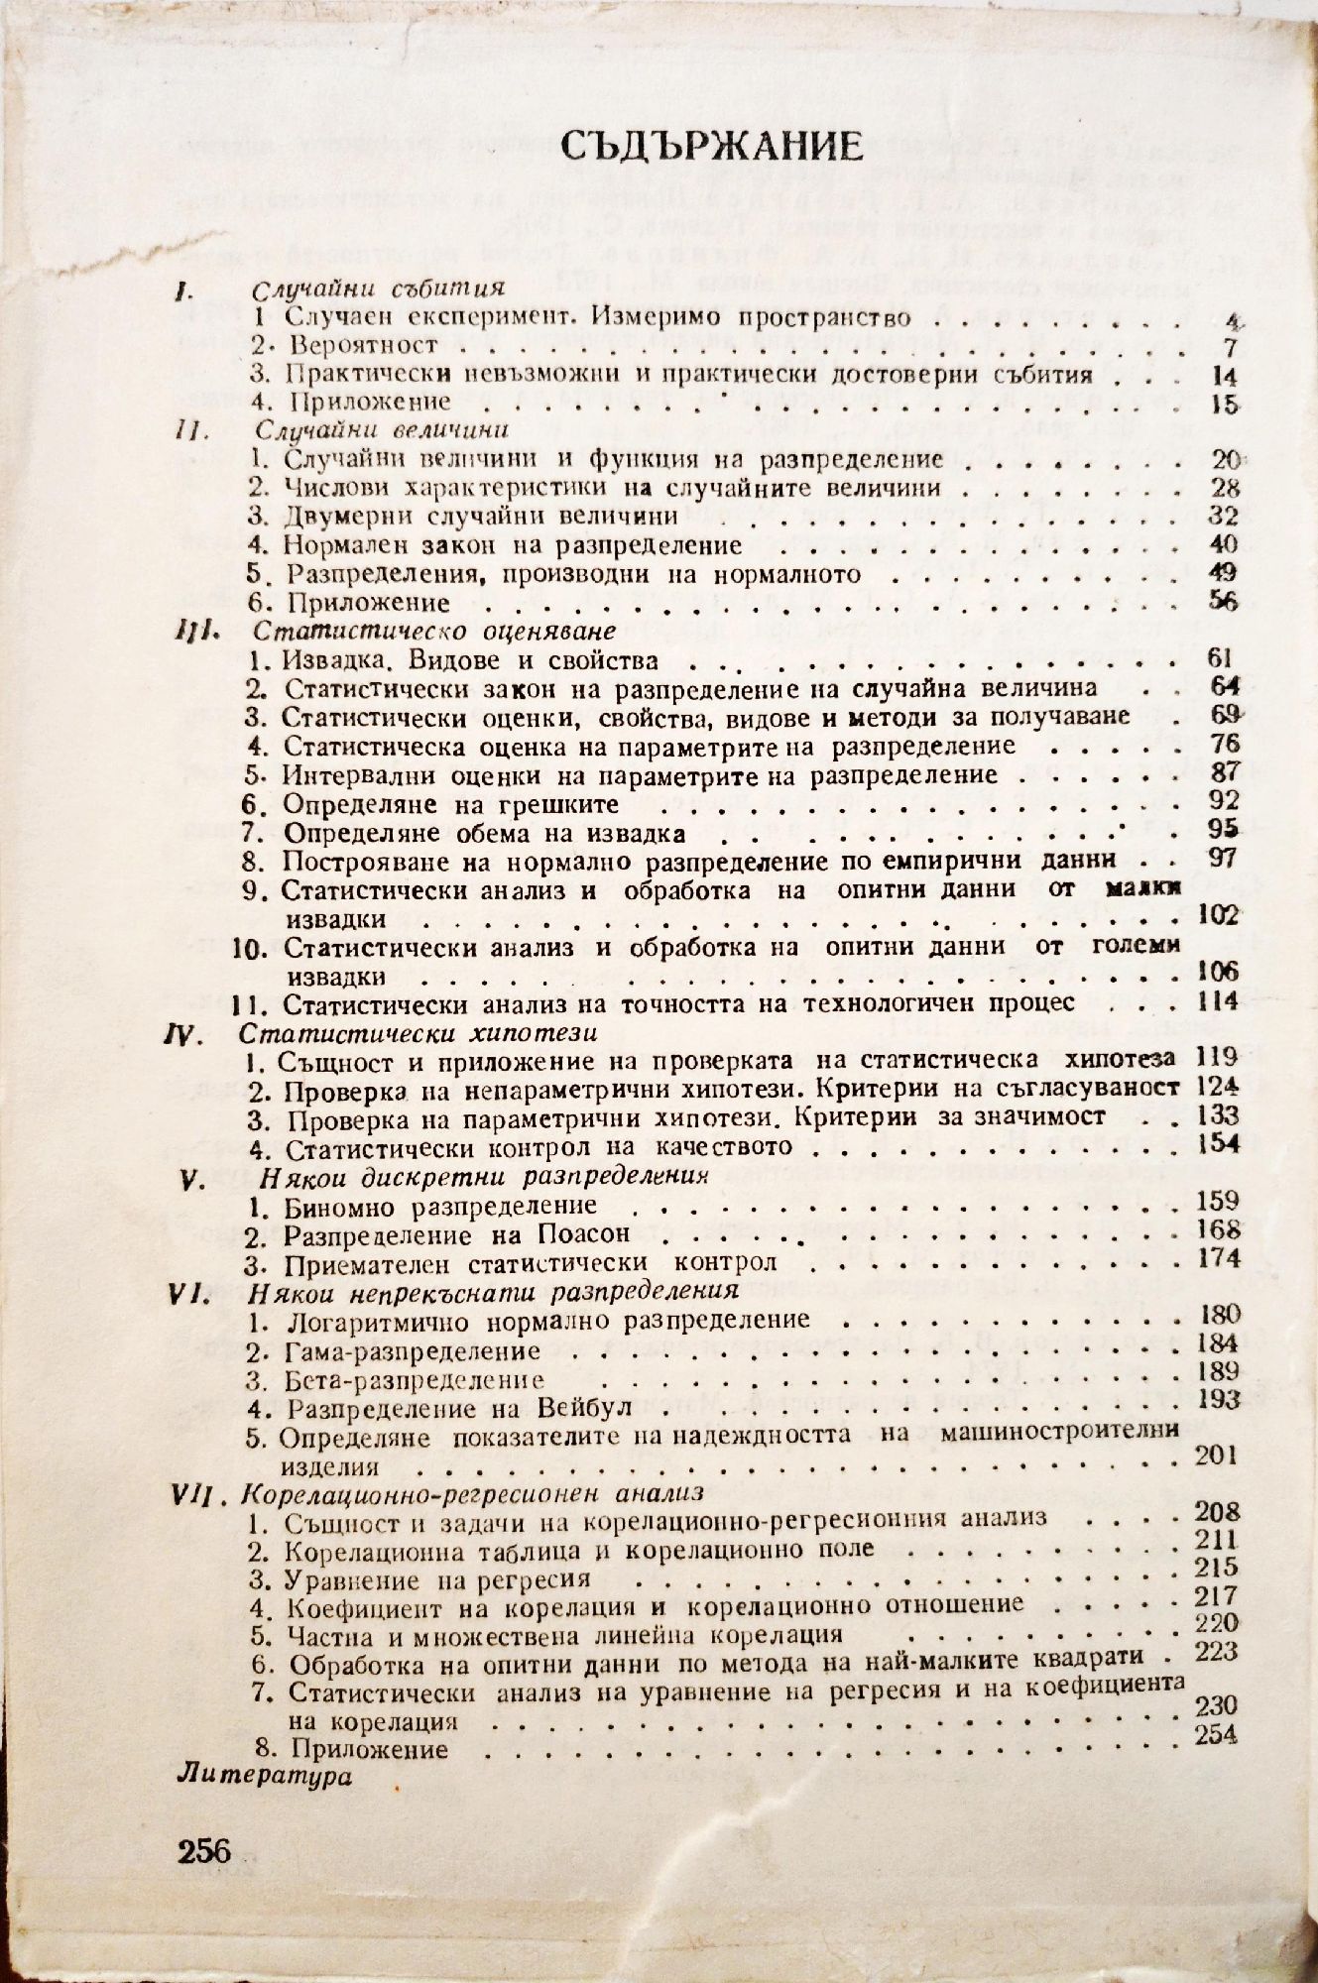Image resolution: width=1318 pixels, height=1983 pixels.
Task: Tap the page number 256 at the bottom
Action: [203, 1849]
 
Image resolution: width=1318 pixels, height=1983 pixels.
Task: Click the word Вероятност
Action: [359, 345]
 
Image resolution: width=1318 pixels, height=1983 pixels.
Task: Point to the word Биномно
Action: [340, 1206]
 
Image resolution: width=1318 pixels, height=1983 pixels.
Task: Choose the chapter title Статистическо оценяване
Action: [435, 631]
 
